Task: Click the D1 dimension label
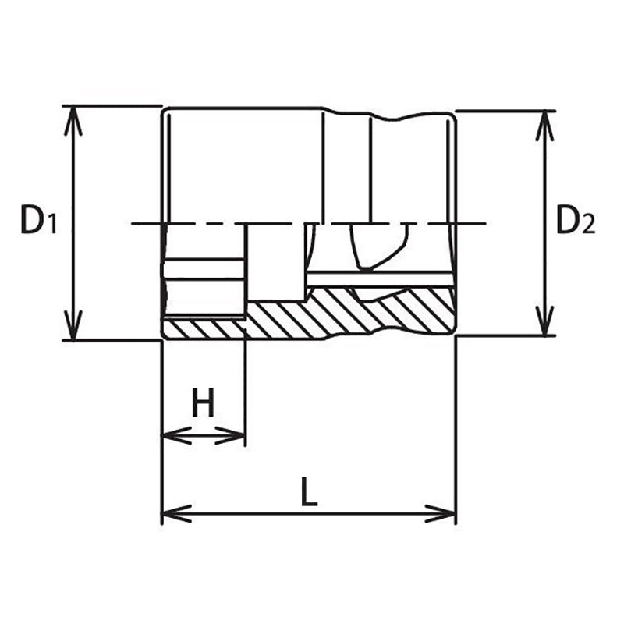[37, 222]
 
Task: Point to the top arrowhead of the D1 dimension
[73, 117]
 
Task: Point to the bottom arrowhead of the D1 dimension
[73, 328]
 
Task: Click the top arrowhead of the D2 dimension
[544, 122]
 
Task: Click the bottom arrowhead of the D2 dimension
[544, 324]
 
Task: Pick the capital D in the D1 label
[31, 222]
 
